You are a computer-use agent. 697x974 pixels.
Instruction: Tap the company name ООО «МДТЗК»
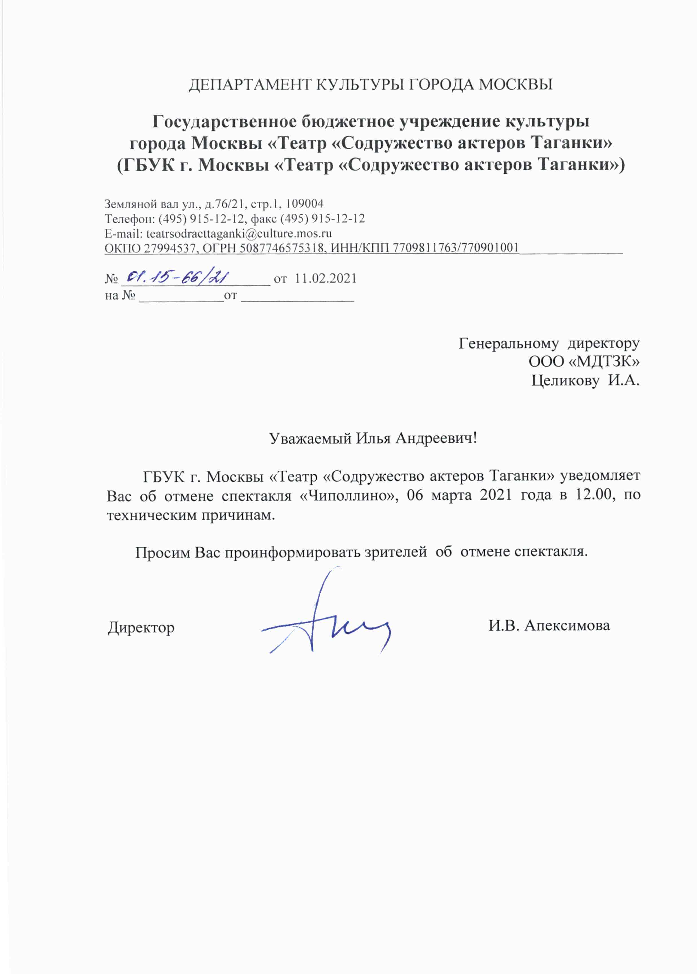[x=584, y=362]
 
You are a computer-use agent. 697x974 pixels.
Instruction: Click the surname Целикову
[x=565, y=380]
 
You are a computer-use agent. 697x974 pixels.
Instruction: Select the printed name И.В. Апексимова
[x=549, y=625]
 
